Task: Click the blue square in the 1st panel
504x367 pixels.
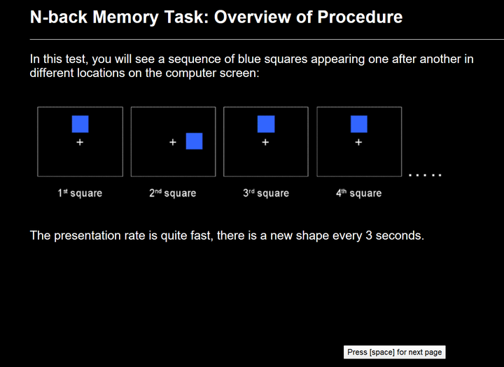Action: [x=80, y=124]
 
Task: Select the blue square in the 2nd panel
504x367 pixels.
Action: [x=194, y=141]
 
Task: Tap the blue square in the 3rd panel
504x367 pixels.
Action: [x=266, y=124]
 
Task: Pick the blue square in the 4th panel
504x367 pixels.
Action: [x=358, y=124]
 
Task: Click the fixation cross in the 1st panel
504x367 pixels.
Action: [x=80, y=142]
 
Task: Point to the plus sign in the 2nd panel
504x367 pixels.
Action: [x=173, y=142]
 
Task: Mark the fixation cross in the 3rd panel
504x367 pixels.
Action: [x=265, y=142]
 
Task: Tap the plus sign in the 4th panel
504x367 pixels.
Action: [x=358, y=142]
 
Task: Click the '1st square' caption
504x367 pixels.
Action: [x=80, y=193]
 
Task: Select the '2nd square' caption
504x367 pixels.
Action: [x=173, y=193]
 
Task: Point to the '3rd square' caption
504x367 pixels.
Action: [x=266, y=193]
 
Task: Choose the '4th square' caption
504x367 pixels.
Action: [x=358, y=193]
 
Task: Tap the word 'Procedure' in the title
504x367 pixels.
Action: [x=360, y=17]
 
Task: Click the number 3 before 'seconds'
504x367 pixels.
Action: [x=369, y=236]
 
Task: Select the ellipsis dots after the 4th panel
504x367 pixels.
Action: [x=425, y=175]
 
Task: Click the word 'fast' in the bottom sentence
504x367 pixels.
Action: [x=201, y=236]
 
